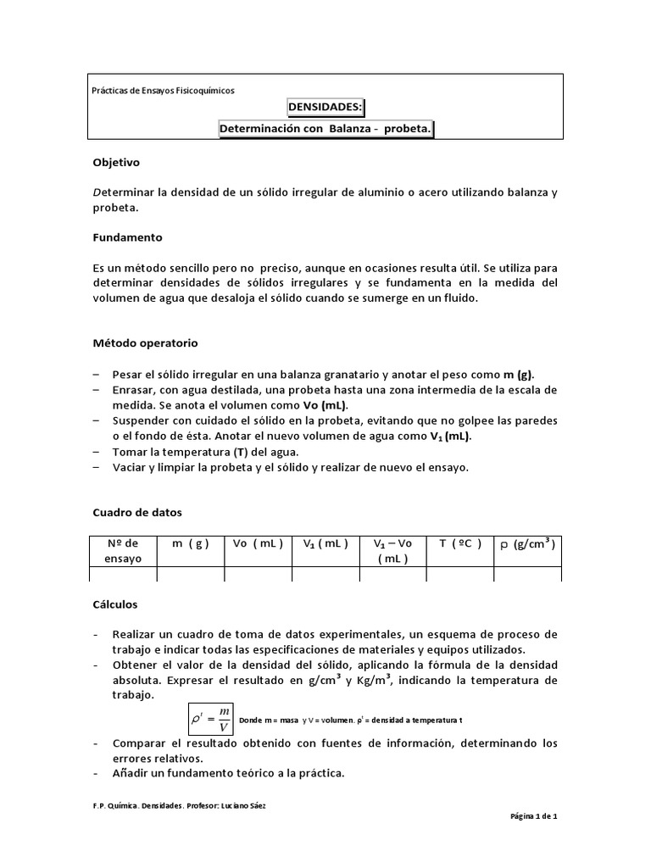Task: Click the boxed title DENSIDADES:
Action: tap(326, 108)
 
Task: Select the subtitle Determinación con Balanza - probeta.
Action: tap(326, 129)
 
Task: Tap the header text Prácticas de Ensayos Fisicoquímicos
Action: tap(163, 90)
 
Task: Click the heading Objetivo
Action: tap(115, 161)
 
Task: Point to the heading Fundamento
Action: tap(127, 237)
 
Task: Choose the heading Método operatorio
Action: tap(144, 343)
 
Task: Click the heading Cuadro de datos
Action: tap(136, 512)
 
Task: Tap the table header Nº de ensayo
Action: tap(124, 551)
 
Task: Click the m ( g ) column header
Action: tap(191, 543)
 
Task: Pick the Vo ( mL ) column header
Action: tap(259, 543)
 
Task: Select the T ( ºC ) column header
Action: tap(460, 543)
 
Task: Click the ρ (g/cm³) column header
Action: tap(526, 543)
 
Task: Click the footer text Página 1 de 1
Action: tap(533, 816)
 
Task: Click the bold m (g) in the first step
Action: tap(519, 375)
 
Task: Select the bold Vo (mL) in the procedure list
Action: tap(326, 405)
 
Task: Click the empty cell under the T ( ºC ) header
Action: tap(460, 575)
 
